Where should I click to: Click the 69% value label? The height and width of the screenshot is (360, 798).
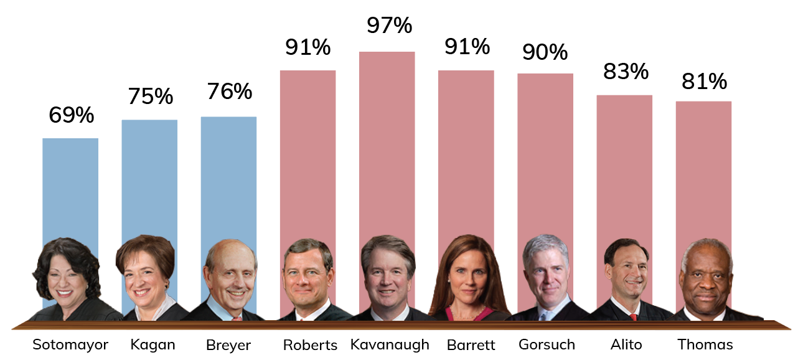(71, 115)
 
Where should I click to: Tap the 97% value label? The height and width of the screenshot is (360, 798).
(389, 26)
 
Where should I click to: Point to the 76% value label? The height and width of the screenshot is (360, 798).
(229, 92)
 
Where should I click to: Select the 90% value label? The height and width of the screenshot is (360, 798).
(545, 52)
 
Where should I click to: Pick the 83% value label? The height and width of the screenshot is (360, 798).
(626, 72)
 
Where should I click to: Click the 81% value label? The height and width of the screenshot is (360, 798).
(704, 81)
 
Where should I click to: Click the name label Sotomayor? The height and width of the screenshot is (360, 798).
(70, 344)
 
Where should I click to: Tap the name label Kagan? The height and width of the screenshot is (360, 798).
(153, 344)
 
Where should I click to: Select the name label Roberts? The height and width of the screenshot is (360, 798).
(310, 345)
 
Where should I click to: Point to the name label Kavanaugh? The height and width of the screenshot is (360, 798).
(390, 344)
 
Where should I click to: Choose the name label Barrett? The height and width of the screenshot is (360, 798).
(467, 344)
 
